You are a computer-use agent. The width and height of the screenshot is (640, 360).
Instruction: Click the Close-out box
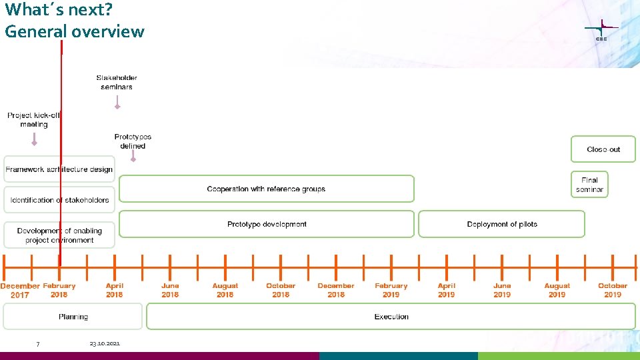603,149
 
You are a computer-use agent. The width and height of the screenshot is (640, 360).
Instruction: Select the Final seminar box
589,185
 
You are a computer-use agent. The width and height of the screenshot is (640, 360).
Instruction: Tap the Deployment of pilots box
501,224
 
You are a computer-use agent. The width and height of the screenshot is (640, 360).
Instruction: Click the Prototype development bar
267,224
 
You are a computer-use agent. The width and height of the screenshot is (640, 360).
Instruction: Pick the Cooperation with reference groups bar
266,189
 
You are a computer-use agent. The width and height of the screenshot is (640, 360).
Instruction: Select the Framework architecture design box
59,169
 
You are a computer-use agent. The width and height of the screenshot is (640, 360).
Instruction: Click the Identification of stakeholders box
59,200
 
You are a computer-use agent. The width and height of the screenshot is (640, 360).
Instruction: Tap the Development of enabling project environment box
59,235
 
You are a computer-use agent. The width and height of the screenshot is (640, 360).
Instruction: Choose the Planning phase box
73,317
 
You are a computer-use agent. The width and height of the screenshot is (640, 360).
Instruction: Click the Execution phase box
391,317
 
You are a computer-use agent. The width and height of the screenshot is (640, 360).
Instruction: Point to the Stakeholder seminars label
117,82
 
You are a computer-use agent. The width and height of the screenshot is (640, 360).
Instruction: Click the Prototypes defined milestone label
133,141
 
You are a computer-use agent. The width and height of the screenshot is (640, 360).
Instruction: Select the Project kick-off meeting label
34,120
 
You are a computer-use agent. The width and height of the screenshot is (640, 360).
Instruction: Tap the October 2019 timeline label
612,290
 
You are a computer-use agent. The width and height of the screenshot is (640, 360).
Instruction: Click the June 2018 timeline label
170,290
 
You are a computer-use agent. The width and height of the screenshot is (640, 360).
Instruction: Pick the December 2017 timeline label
20,290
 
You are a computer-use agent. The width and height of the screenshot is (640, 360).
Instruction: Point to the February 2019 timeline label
391,290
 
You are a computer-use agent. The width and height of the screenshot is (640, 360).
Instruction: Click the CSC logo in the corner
601,31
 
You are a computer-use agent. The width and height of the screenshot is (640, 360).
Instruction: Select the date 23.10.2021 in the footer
105,343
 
